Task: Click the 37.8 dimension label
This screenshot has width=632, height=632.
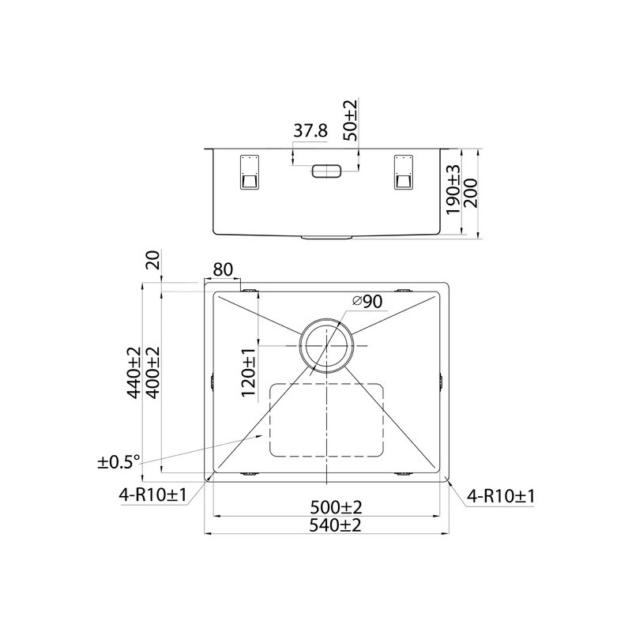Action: coord(310,130)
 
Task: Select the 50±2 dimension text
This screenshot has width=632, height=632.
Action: coord(350,121)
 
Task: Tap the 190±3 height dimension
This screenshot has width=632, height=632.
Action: coord(453,190)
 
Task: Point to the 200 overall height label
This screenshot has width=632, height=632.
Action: coord(470,193)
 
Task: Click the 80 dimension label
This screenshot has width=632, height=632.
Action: coord(223,269)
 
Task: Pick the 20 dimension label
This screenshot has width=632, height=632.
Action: coord(153,260)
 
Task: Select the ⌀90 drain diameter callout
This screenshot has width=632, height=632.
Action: coord(367,301)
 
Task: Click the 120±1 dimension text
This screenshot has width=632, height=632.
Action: coord(249,373)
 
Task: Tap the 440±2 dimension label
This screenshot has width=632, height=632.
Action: coord(134,372)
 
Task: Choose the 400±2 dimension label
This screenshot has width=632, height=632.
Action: coord(152,372)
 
